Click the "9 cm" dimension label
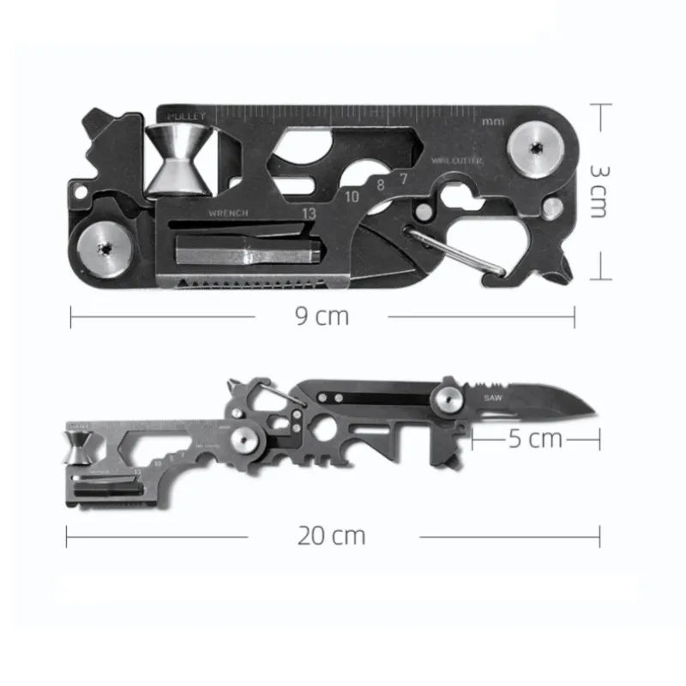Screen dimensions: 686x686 [322, 316]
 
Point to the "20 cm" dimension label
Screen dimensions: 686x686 [332, 537]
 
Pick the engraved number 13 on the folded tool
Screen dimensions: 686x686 [308, 210]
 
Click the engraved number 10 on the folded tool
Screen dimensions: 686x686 [352, 196]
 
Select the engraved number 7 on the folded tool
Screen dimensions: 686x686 [403, 178]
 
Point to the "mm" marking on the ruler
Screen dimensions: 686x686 [493, 121]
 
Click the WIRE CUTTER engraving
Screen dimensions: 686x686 [457, 160]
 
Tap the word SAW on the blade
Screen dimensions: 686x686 [492, 397]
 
